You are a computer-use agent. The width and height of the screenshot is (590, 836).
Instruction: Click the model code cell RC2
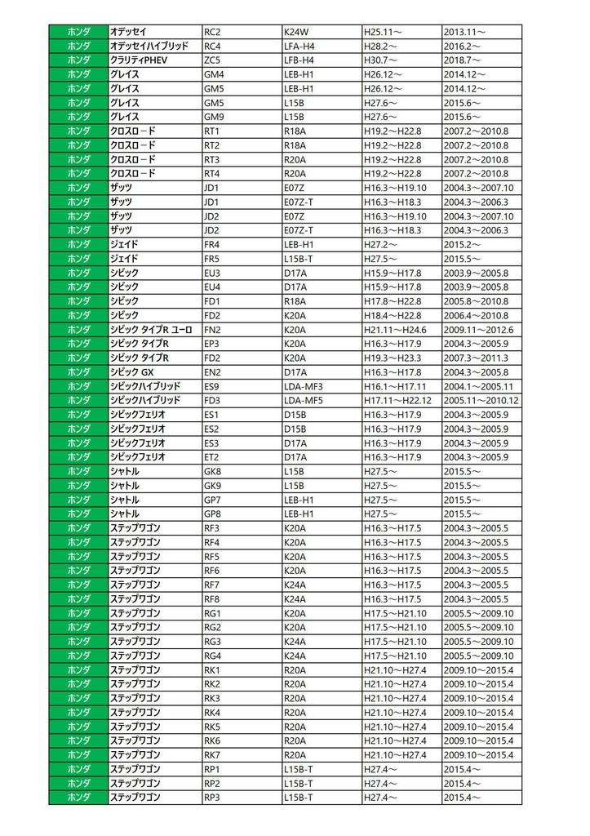[x=212, y=31]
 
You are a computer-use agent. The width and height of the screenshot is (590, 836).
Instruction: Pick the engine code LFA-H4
[x=299, y=46]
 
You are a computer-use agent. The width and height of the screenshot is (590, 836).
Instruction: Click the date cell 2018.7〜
[x=462, y=60]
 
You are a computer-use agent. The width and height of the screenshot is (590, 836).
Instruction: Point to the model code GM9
[x=214, y=117]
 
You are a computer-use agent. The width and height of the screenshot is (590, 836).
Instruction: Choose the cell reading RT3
[x=212, y=159]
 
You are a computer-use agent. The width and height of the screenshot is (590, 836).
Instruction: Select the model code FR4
[x=212, y=244]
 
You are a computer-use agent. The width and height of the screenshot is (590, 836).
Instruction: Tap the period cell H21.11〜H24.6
[x=396, y=329]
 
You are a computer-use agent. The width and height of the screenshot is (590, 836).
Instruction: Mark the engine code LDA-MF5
[x=304, y=400]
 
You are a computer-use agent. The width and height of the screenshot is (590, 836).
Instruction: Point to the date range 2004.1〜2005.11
[x=477, y=386]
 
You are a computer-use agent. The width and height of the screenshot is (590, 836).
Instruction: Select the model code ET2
[x=212, y=457]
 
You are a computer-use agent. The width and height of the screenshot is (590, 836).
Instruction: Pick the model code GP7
[x=213, y=500]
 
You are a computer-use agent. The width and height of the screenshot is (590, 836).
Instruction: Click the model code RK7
[x=212, y=754]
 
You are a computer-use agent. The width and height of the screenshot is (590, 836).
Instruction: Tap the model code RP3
[x=212, y=797]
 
